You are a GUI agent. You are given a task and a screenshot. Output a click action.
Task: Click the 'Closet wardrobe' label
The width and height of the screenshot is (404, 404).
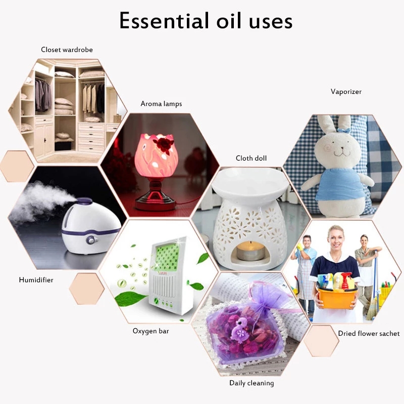67,49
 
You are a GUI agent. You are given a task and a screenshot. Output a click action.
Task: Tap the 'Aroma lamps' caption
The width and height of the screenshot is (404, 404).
161,104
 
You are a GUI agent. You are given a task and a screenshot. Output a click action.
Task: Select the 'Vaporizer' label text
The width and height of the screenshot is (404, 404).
346,91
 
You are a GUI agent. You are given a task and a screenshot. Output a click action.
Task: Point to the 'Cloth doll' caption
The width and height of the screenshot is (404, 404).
251,159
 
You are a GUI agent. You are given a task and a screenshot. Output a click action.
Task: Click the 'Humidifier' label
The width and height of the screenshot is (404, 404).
36,279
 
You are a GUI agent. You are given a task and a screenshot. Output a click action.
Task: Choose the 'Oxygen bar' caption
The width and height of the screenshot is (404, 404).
150,331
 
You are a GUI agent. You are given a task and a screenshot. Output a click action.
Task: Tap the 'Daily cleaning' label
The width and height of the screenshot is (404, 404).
251,383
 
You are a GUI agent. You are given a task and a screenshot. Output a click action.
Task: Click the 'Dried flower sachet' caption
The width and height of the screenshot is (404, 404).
369,333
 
